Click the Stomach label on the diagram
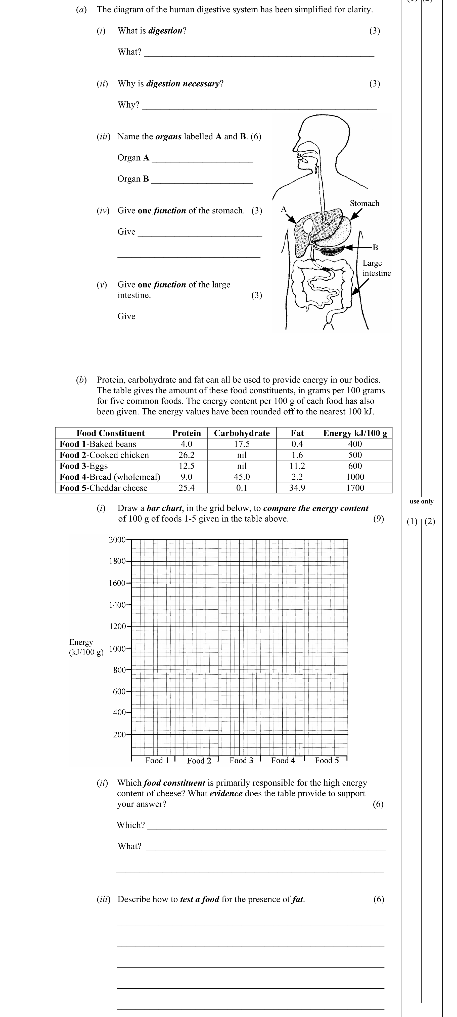(364, 203)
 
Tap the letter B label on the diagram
(375, 247)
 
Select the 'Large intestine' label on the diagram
(376, 268)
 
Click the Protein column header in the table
(186, 433)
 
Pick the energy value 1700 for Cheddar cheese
(355, 488)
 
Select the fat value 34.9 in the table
(297, 488)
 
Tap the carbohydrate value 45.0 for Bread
(242, 477)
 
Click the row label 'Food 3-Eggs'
(84, 466)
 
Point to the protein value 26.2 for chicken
(186, 455)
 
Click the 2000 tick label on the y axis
(117, 540)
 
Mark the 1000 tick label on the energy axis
(117, 649)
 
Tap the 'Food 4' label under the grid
(283, 761)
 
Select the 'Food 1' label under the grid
(157, 761)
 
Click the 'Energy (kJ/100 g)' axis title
(86, 647)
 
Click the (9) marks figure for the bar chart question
(378, 519)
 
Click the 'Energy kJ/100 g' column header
(355, 433)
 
